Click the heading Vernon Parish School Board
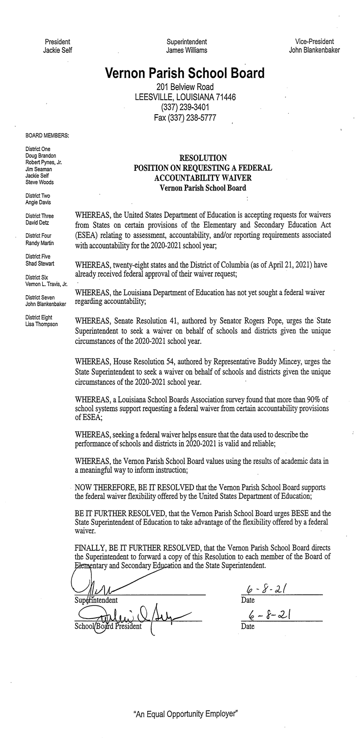pos(185,73)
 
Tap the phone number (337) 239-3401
pos(185,107)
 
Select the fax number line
pos(185,117)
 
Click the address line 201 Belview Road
pos(185,87)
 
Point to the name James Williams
pos(186,50)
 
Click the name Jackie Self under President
pos(58,50)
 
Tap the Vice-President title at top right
pos(314,41)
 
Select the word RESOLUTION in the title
pos(203,158)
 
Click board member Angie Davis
pos(38,203)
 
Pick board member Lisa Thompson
pos(42,324)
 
